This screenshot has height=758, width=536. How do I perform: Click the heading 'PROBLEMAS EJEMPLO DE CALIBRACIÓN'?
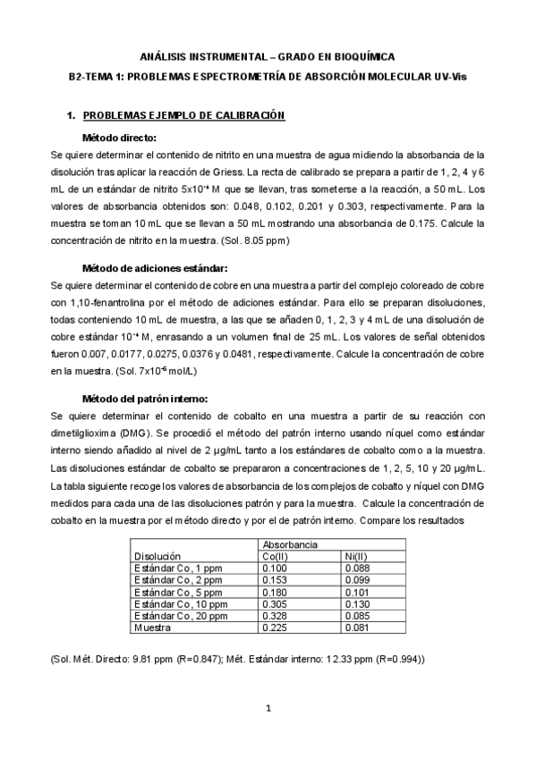coord(183,116)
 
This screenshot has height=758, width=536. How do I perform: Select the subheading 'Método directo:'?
coord(119,138)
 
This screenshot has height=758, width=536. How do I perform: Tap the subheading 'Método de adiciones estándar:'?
coord(155,268)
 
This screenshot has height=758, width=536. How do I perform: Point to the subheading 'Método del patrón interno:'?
coord(146,399)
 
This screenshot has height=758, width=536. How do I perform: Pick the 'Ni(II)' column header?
coord(356,556)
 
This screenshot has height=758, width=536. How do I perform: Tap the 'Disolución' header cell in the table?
coord(157,556)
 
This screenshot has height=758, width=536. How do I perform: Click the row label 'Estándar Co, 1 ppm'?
coord(176,568)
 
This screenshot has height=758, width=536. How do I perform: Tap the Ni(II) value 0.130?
coord(358,604)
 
